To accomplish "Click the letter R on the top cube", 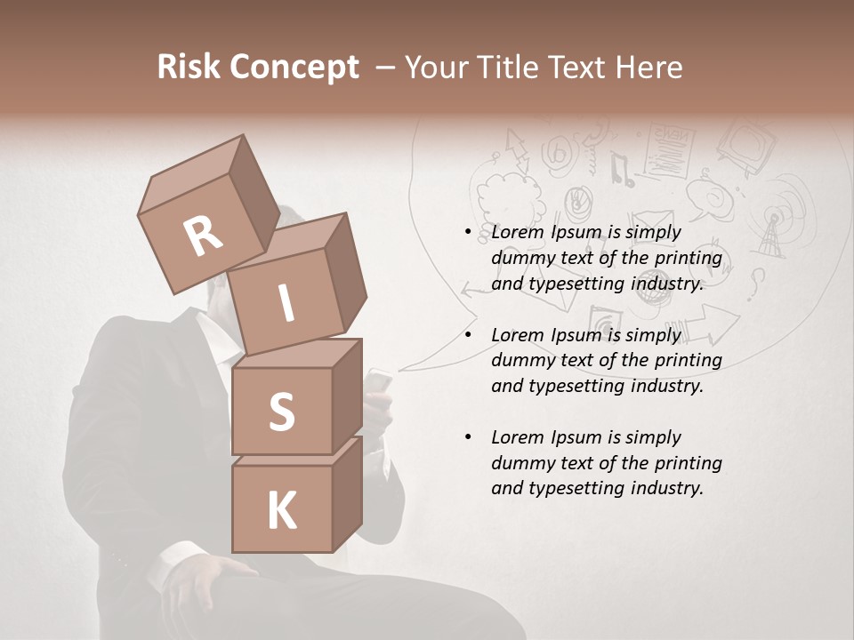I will tap(203, 236).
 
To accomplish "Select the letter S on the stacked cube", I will tap(281, 412).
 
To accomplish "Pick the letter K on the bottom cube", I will tap(281, 510).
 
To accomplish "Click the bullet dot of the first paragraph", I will tap(468, 233).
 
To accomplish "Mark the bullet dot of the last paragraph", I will tap(468, 437).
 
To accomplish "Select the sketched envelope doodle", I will tap(652, 225).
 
